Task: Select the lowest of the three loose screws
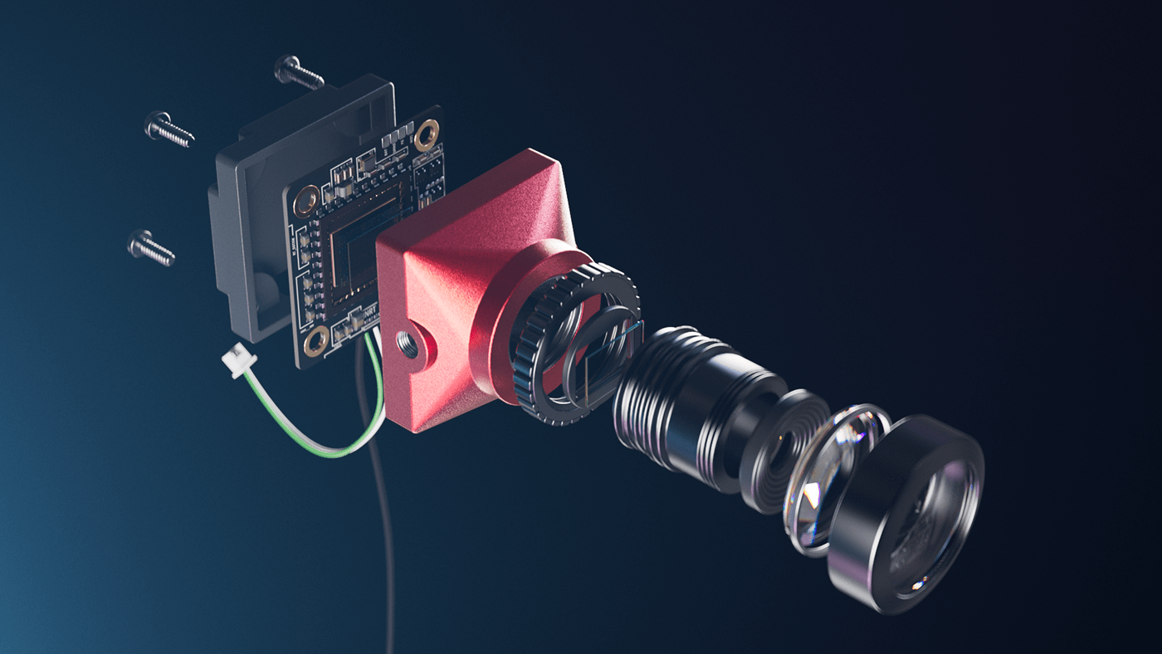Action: (x=150, y=247)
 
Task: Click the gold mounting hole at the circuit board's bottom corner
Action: (x=316, y=342)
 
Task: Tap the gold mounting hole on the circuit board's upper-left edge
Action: (x=307, y=198)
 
